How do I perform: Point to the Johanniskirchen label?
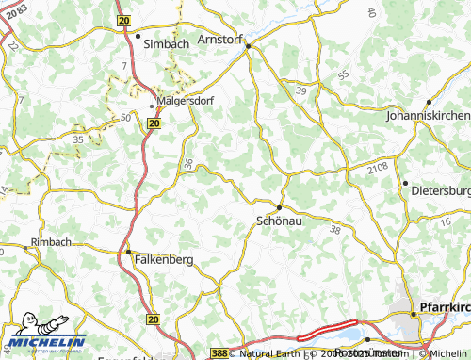coord(429,115)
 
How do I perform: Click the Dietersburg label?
coord(440,189)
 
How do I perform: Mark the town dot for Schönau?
coord(279,207)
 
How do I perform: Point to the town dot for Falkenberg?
coord(129,252)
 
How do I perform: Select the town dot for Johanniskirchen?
coord(429,102)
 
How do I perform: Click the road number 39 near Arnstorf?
coord(300,90)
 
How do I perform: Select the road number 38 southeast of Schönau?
coord(335,229)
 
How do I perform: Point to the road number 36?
coord(189,164)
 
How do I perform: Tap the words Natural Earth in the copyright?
coord(273,354)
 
